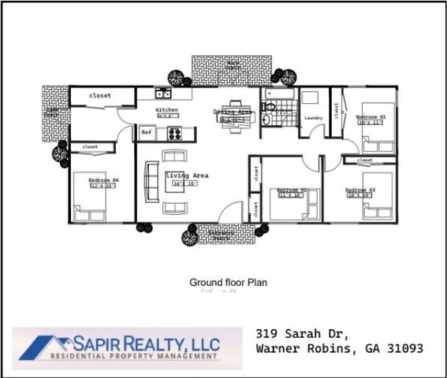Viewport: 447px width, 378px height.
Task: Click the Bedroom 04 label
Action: [x=103, y=180]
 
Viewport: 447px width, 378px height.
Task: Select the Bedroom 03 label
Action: [x=359, y=190]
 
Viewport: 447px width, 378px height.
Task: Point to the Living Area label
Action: [x=186, y=175]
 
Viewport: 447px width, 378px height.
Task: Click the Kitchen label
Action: [x=166, y=109]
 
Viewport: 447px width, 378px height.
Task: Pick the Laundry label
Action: [x=314, y=118]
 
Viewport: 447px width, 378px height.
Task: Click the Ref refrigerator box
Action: [x=146, y=132]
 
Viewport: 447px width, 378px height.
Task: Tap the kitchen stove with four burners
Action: [x=175, y=132]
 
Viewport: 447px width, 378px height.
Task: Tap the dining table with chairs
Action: [x=233, y=116]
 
